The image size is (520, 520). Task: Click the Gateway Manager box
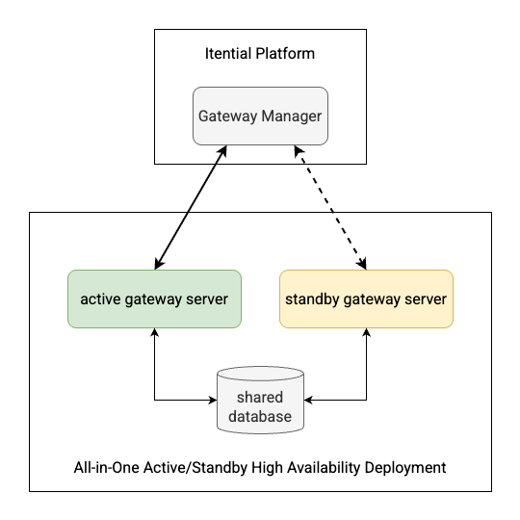(x=260, y=116)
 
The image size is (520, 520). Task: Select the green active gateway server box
(x=154, y=299)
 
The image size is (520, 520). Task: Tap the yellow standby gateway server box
(x=366, y=299)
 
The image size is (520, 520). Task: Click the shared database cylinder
(x=260, y=400)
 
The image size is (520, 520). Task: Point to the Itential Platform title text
(x=260, y=54)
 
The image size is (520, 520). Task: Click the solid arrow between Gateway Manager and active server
(x=190, y=207)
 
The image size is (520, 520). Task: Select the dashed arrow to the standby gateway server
(x=331, y=207)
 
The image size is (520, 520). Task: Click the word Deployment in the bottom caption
(x=403, y=468)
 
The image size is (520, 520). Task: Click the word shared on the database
(x=260, y=397)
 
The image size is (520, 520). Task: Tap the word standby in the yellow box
(x=313, y=299)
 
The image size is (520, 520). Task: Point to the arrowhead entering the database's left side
(x=212, y=400)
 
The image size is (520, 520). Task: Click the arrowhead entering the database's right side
(x=309, y=400)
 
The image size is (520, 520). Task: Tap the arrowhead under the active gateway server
(x=154, y=333)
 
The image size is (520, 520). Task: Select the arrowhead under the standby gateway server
(x=366, y=333)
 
